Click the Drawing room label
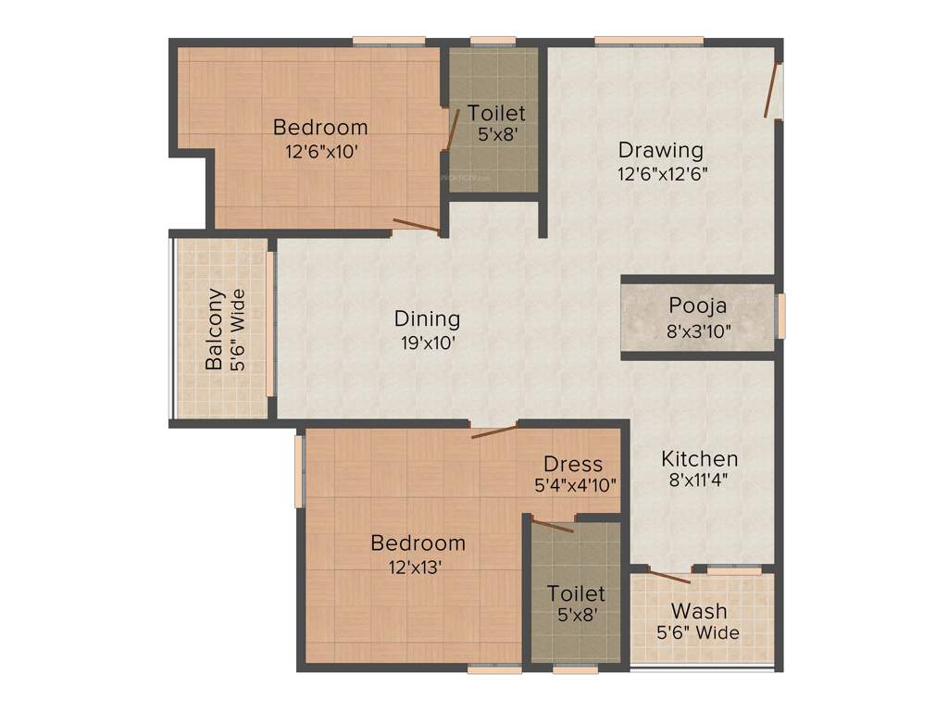point(661,149)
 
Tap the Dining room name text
point(427,318)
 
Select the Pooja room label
point(698,306)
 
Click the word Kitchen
point(699,458)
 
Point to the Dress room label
point(573,464)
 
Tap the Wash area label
point(699,611)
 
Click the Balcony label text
point(214,330)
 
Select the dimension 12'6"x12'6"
point(663,173)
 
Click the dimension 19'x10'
point(427,342)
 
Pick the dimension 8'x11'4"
point(699,481)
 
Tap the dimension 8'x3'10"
point(698,330)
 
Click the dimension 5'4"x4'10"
point(575,484)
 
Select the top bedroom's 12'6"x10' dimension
point(320,150)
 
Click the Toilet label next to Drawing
point(496,113)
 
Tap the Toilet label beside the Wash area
point(576,592)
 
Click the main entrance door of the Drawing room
point(770,91)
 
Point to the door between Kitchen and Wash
point(668,576)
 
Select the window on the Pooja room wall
point(780,316)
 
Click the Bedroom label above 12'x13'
point(418,543)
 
